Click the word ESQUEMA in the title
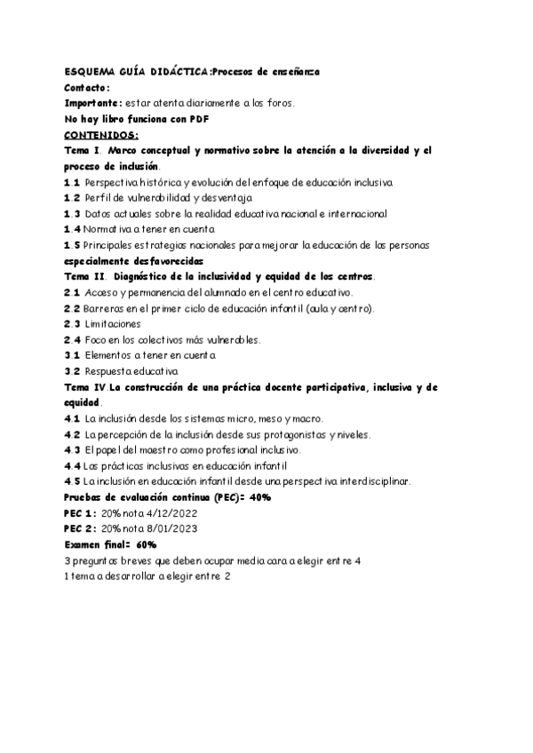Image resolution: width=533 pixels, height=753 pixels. [88, 72]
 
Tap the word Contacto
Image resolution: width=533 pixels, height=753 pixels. [86, 88]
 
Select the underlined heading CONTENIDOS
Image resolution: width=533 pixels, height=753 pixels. [101, 134]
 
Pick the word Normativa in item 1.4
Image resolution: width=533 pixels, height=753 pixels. [114, 228]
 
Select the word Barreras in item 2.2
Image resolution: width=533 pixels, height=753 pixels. [107, 307]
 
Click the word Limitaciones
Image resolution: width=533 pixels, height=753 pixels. [114, 323]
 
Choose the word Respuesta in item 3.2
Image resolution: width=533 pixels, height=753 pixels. [113, 370]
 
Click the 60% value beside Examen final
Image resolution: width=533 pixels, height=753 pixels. [147, 543]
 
